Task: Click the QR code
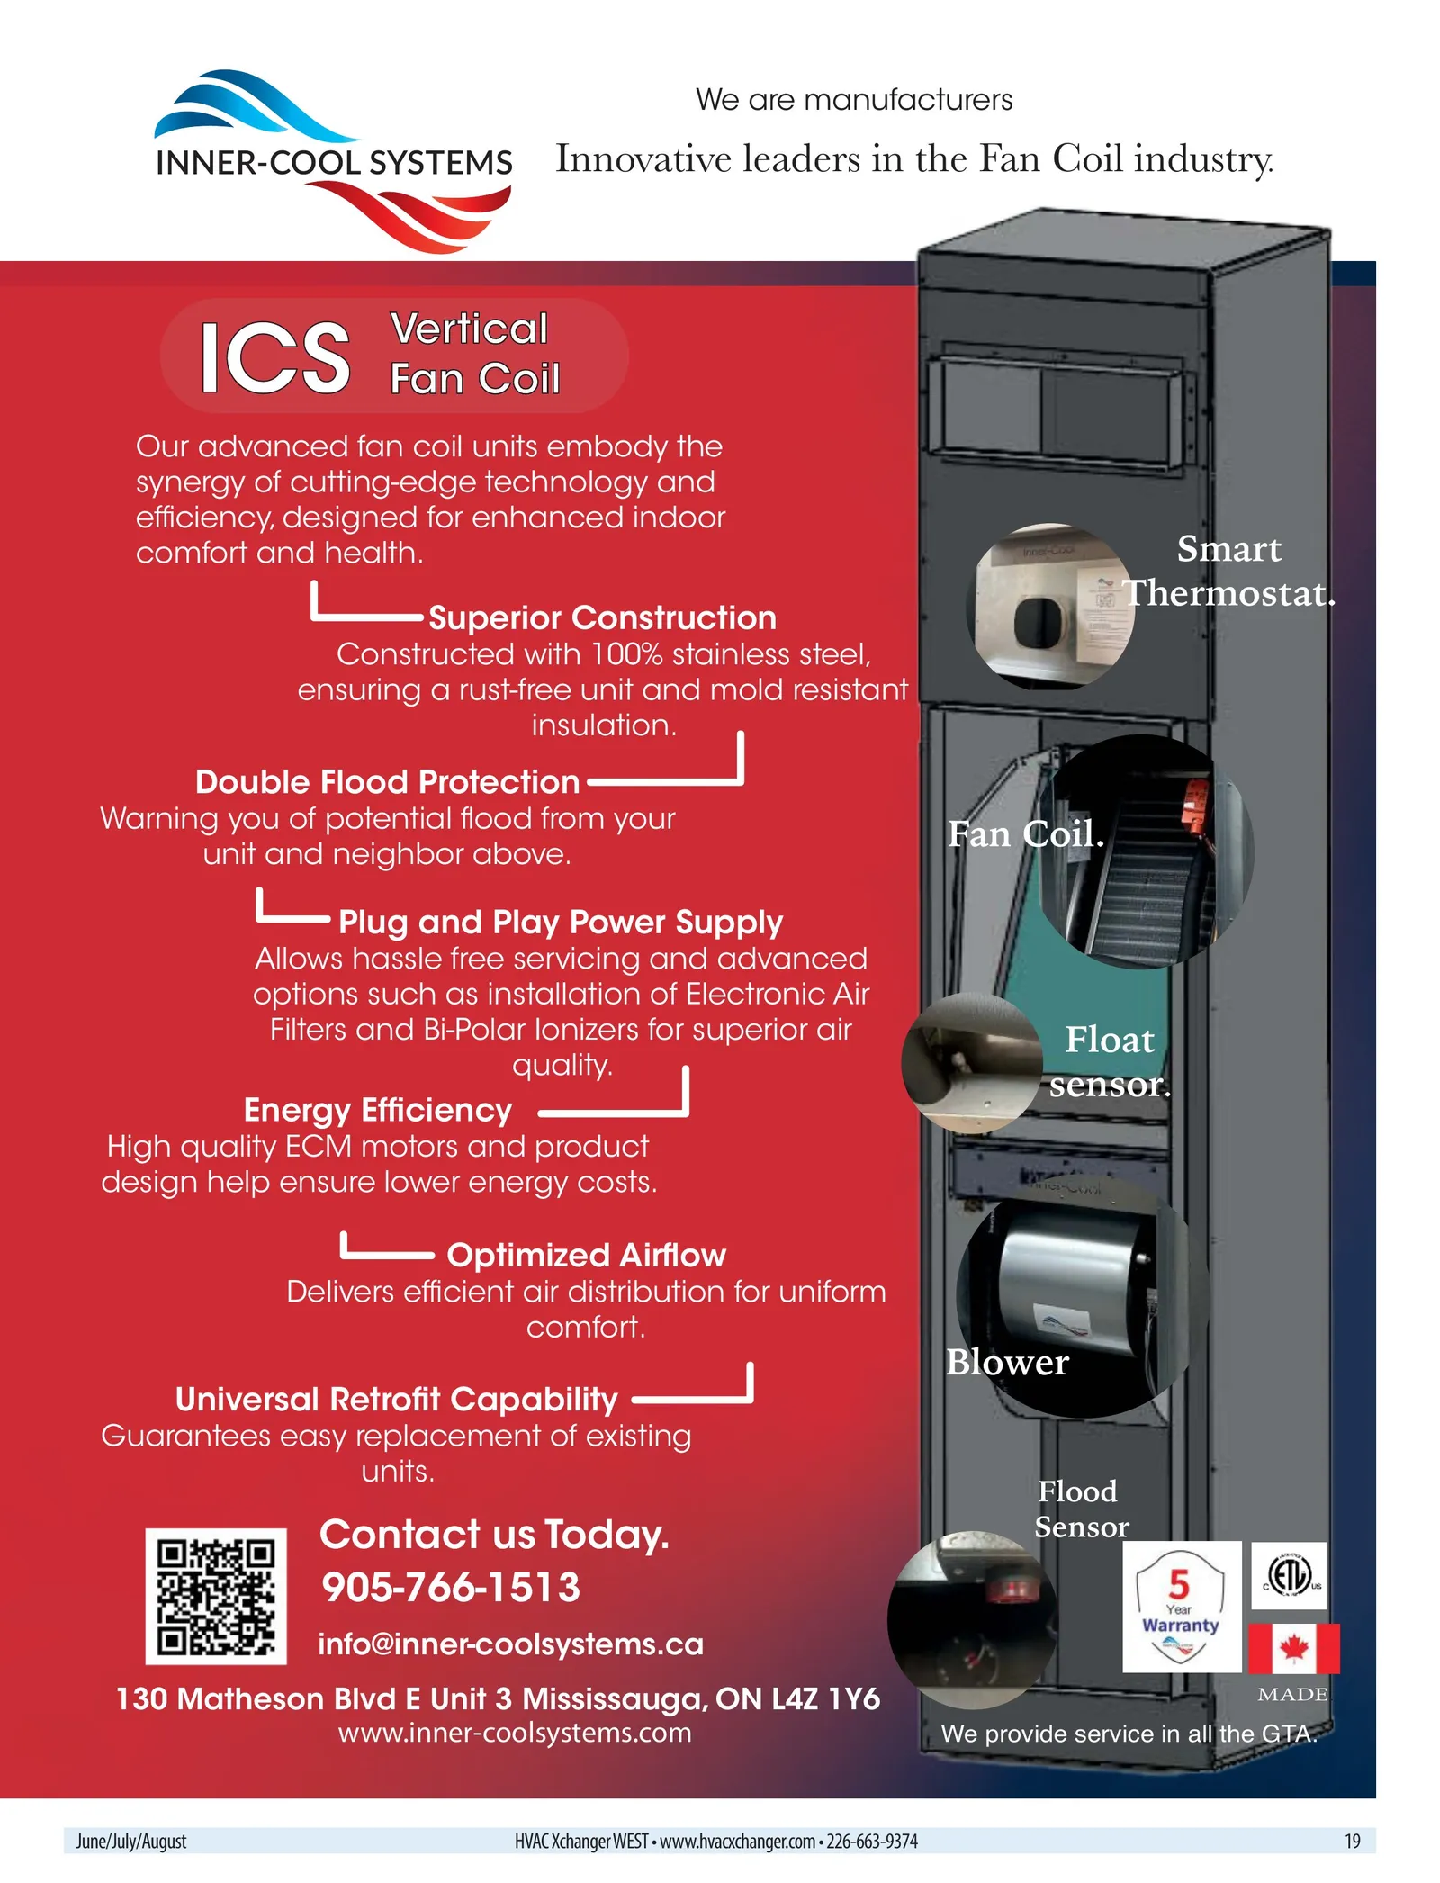pyautogui.click(x=216, y=1596)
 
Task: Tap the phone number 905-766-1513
pyautogui.click(x=451, y=1588)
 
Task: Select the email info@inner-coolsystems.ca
pyautogui.click(x=510, y=1644)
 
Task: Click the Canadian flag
pyautogui.click(x=1294, y=1648)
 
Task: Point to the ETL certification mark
pyautogui.click(x=1289, y=1576)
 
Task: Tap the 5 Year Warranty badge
pyautogui.click(x=1182, y=1607)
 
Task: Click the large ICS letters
pyautogui.click(x=274, y=358)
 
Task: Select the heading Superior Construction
pyautogui.click(x=602, y=618)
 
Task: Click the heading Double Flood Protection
pyautogui.click(x=387, y=782)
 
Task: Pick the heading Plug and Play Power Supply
pyautogui.click(x=561, y=923)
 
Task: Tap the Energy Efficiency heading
pyautogui.click(x=378, y=1111)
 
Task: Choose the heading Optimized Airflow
pyautogui.click(x=586, y=1256)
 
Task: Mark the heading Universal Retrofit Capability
pyautogui.click(x=397, y=1401)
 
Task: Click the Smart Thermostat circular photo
pyautogui.click(x=1050, y=607)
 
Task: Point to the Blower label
pyautogui.click(x=1007, y=1363)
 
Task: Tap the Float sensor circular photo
pyautogui.click(x=973, y=1064)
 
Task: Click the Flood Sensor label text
pyautogui.click(x=1080, y=1509)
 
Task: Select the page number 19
pyautogui.click(x=1353, y=1842)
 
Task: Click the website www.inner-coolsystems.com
pyautogui.click(x=515, y=1734)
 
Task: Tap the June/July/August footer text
pyautogui.click(x=131, y=1842)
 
